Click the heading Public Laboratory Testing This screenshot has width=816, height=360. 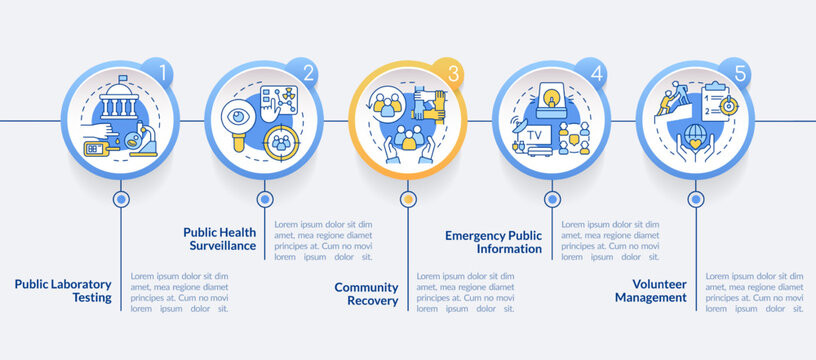click(62, 290)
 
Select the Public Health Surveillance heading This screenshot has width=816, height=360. click(220, 238)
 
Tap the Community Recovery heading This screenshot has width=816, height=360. click(366, 293)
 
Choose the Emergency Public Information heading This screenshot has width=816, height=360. click(494, 242)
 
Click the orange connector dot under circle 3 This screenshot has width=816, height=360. click(407, 199)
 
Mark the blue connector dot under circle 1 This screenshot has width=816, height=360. click(121, 199)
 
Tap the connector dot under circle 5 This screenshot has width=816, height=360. click(694, 199)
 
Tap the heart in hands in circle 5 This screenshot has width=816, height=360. click(694, 142)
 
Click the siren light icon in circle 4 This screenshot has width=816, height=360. click(551, 96)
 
